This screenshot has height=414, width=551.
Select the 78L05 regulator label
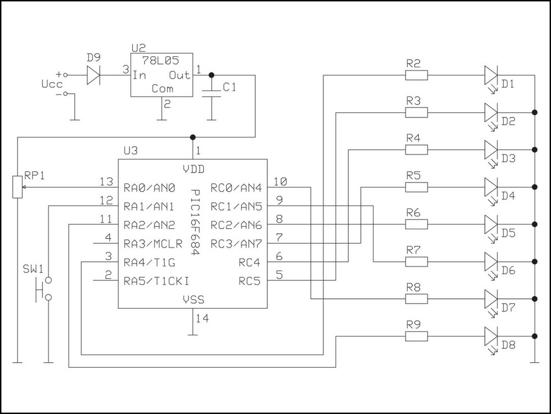(162, 61)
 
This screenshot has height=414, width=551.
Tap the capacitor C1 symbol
(212, 92)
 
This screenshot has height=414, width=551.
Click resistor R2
(416, 75)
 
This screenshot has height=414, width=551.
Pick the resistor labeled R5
(416, 187)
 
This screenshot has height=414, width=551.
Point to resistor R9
(416, 336)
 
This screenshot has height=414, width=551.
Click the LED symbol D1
(491, 75)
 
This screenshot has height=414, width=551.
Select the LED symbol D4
(491, 187)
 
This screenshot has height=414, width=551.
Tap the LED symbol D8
(491, 336)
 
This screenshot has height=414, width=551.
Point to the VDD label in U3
(193, 169)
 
